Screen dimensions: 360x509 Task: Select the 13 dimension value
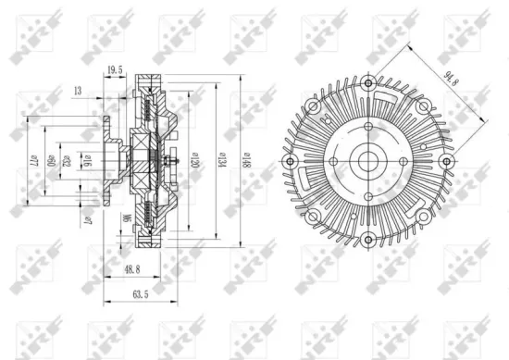79,91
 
